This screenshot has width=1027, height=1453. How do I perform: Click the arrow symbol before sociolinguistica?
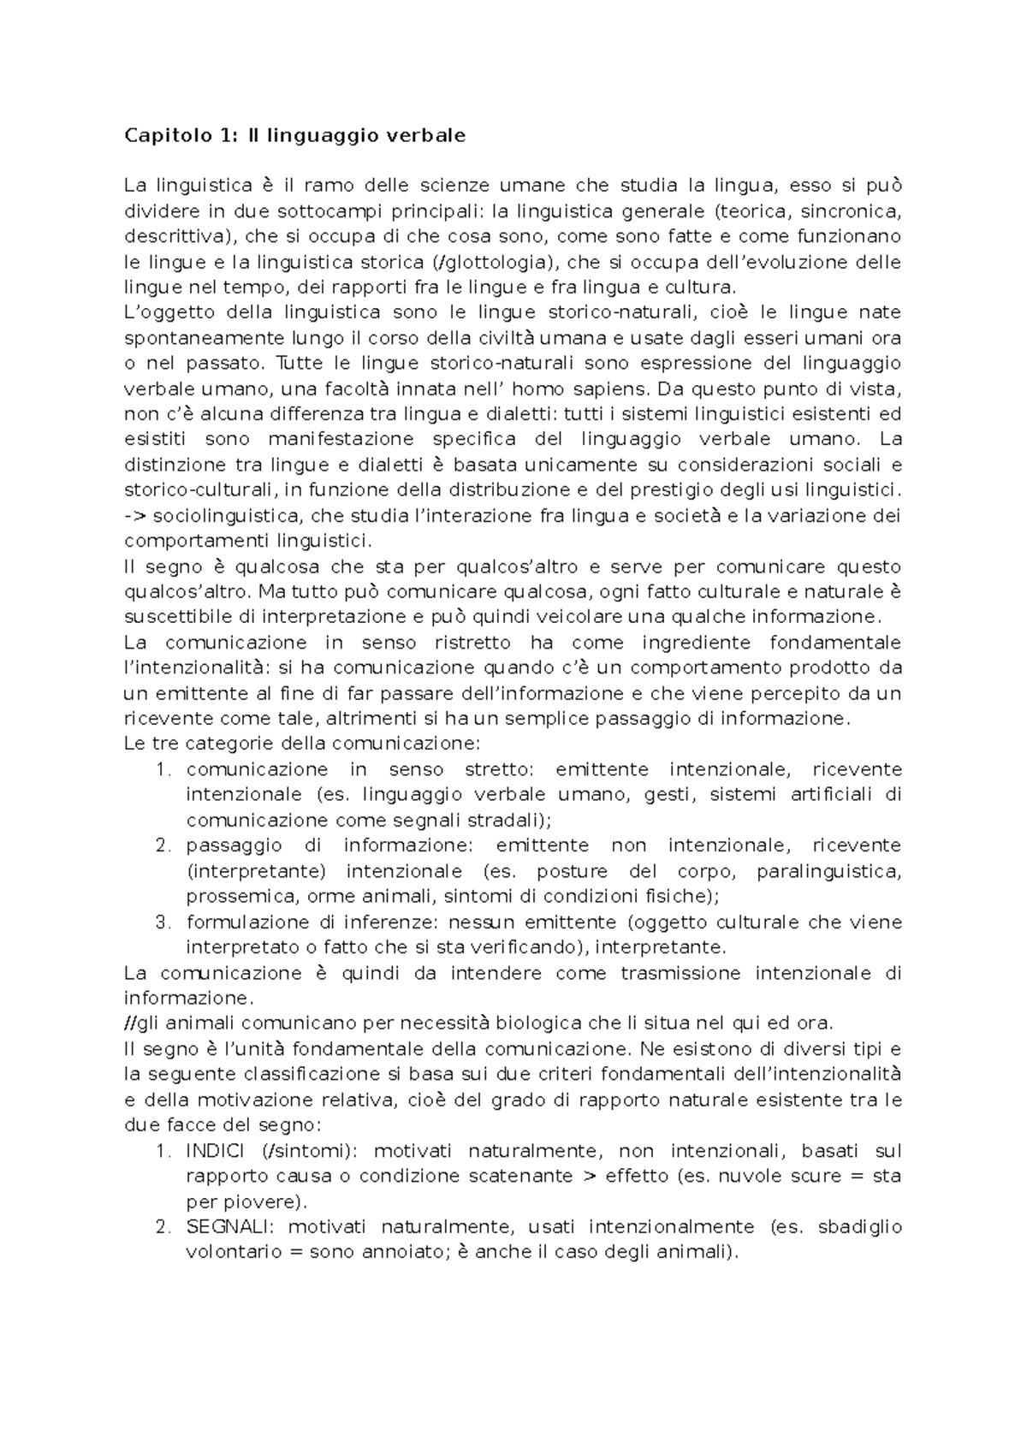pos(135,516)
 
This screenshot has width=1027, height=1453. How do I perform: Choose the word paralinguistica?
pos(829,871)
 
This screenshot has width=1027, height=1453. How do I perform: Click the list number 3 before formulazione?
pos(163,922)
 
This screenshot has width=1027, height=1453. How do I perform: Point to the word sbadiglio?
pos(859,1227)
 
